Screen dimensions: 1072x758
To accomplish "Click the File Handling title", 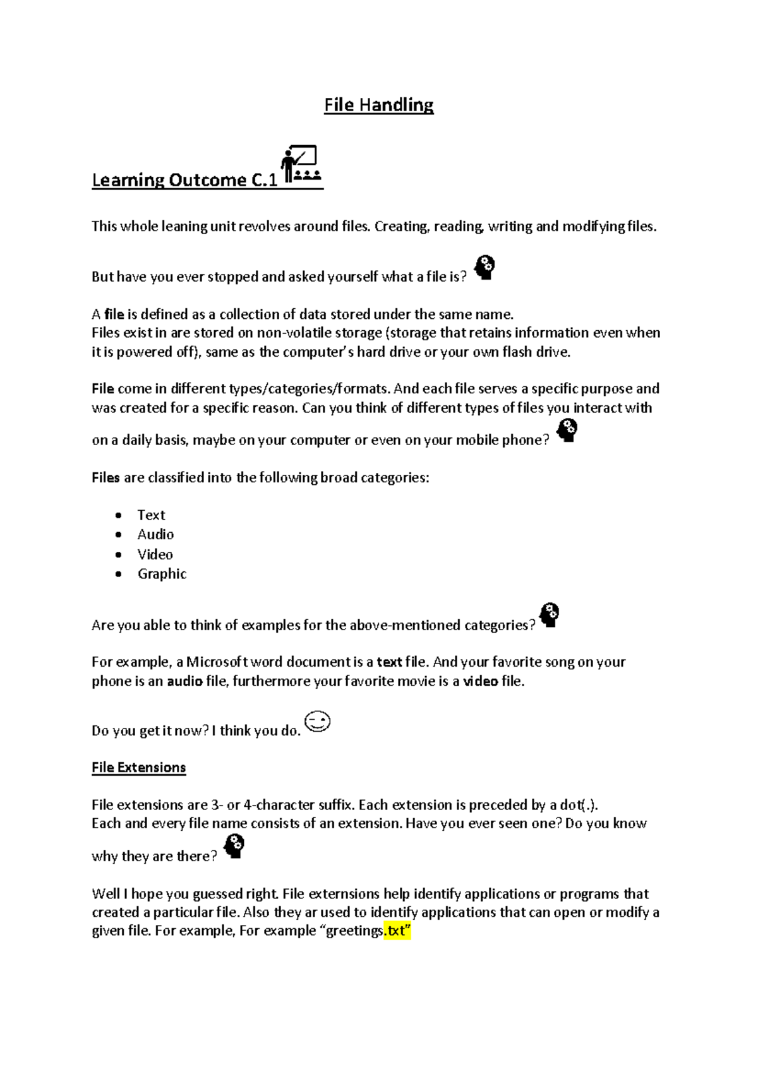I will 378,105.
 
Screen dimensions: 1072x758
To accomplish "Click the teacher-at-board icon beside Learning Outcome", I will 301,164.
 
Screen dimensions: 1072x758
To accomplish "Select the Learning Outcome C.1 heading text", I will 184,181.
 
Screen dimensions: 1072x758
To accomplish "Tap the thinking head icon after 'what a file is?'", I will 484,268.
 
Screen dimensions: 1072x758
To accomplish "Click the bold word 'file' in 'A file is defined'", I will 114,314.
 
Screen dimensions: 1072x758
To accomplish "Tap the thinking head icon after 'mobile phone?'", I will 567,431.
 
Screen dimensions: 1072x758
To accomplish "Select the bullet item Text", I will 151,515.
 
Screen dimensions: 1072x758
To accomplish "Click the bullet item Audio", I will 155,535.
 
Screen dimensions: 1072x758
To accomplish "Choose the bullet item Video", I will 155,554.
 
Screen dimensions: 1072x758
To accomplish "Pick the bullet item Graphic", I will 162,574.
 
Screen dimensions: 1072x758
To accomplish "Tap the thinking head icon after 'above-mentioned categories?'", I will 550,615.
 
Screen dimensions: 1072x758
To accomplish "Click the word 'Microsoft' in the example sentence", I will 217,662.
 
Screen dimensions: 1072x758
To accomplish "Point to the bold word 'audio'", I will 184,681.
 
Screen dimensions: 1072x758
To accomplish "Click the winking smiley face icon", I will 318,722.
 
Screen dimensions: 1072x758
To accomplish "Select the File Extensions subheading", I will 138,768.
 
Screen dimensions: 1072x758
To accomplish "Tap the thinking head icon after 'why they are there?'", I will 234,846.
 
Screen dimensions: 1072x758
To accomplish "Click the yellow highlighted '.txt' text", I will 397,931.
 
